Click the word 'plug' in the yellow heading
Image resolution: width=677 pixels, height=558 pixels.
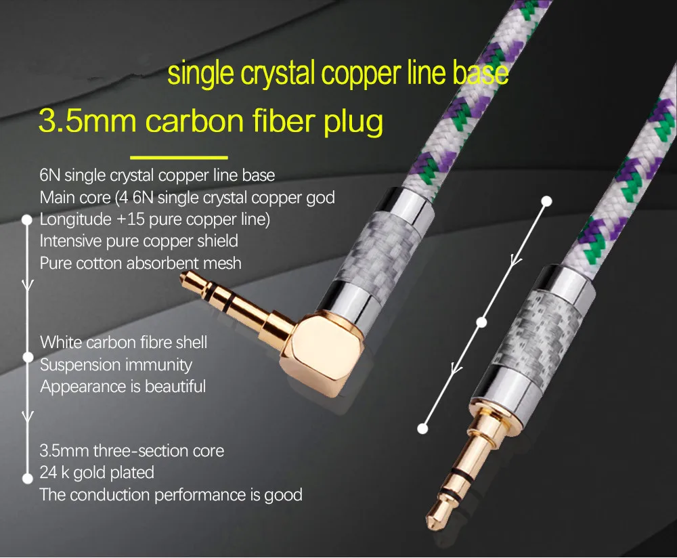(353, 122)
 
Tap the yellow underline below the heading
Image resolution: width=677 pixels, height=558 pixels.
(179, 157)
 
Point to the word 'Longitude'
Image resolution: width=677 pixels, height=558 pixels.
(76, 219)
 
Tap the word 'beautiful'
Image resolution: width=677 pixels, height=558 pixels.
(175, 386)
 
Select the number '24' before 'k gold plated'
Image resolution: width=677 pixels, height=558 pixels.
(48, 473)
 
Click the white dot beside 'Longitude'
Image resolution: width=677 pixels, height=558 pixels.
(27, 220)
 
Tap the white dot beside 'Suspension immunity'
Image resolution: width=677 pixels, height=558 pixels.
(28, 357)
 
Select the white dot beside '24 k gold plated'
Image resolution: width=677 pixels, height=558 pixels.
(28, 478)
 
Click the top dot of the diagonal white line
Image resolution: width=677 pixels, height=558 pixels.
(546, 201)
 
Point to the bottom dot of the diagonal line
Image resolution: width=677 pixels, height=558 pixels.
(422, 429)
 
